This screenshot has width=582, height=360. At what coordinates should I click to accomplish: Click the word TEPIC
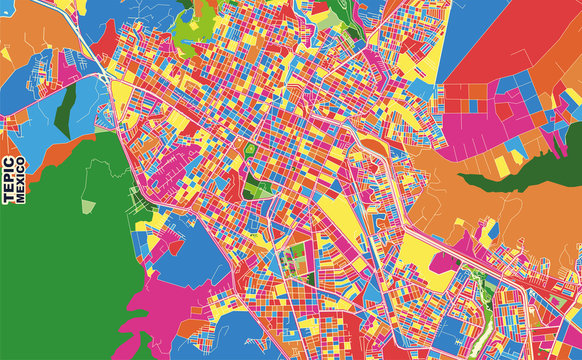coord(9,180)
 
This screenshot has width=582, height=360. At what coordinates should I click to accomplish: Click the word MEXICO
coord(21,180)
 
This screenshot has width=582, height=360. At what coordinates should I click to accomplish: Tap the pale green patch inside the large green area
coord(88,206)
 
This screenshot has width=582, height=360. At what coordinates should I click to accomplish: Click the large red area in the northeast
coord(510,40)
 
